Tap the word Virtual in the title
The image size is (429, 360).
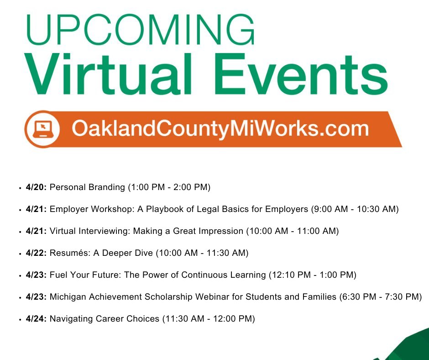tap(108, 74)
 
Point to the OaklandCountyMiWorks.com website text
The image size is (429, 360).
tap(220, 129)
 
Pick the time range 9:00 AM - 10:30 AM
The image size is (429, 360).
tap(355, 209)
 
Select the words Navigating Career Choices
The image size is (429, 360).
tap(105, 319)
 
